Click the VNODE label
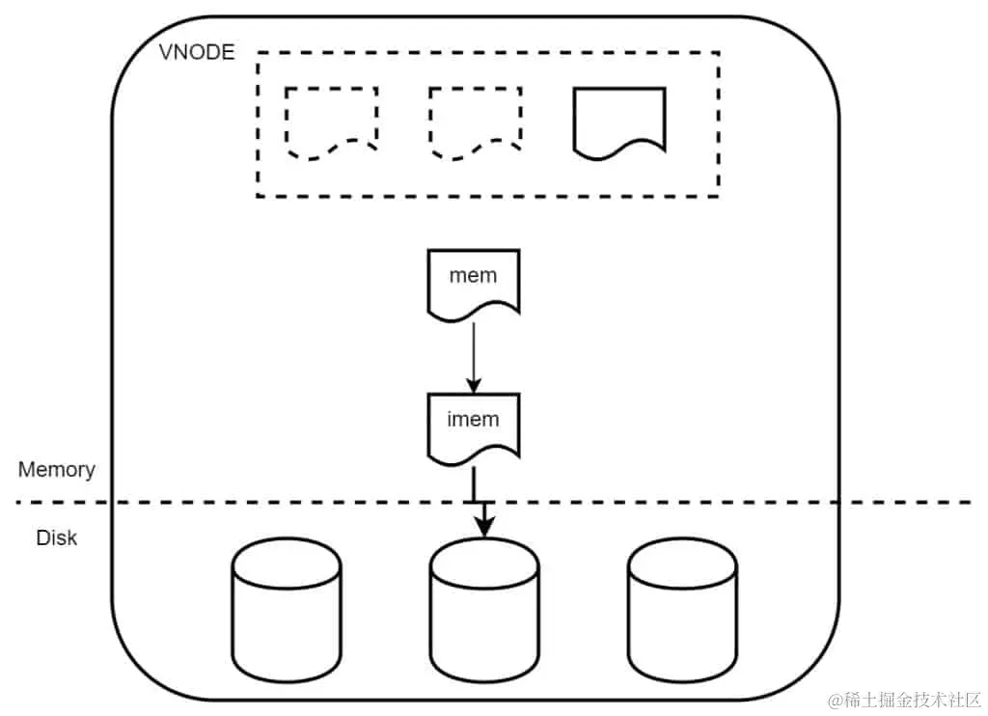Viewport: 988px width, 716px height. (196, 52)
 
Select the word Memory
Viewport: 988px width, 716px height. (57, 470)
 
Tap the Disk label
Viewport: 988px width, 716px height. (56, 537)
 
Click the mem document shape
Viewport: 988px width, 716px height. (473, 281)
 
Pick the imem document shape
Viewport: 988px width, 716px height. (473, 425)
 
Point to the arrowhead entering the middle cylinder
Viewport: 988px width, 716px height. (483, 527)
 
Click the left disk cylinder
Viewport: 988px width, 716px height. (287, 609)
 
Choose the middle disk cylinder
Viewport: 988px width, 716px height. (483, 609)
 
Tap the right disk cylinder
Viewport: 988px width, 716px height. (681, 609)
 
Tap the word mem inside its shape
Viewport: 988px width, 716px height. (473, 275)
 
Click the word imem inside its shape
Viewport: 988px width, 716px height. (473, 419)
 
